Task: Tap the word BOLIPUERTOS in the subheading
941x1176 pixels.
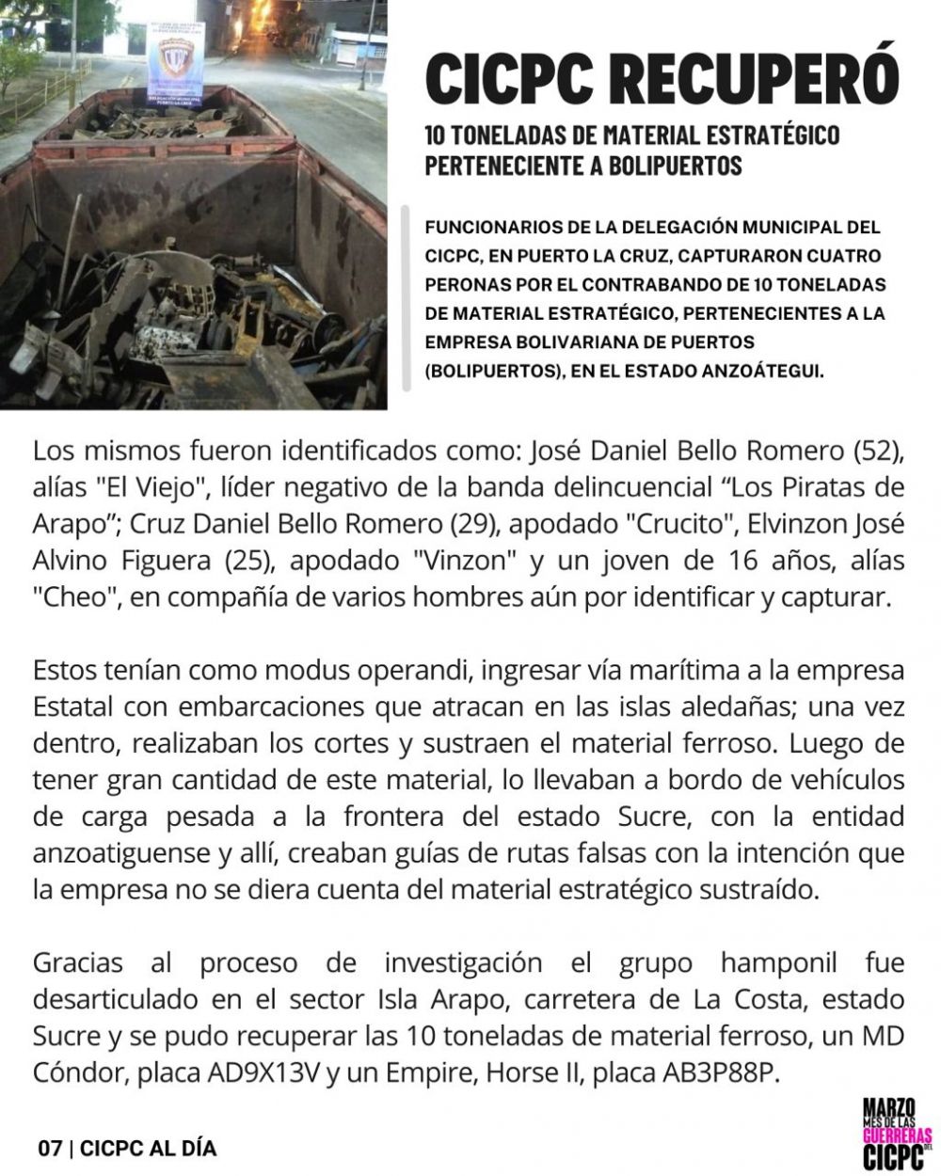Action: pos(660,165)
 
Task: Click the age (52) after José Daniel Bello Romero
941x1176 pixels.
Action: pos(879,451)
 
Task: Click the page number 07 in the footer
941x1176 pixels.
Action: pos(50,1149)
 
